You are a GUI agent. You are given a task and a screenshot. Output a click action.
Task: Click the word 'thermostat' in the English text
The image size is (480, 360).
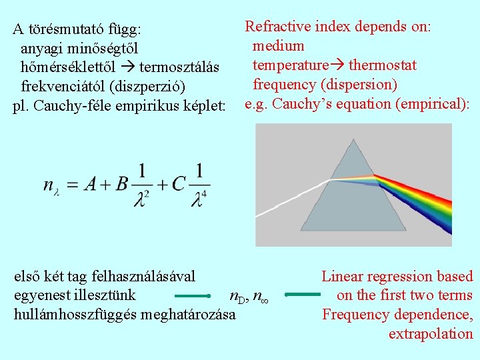(x=383, y=65)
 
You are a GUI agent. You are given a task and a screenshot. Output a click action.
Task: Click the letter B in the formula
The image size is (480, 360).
(x=121, y=184)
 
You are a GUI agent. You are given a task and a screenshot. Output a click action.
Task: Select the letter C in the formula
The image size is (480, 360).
(x=178, y=184)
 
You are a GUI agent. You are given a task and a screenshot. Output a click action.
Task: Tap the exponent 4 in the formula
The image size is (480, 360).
(x=204, y=195)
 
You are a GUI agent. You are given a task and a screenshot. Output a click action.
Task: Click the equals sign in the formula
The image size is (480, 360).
(x=73, y=185)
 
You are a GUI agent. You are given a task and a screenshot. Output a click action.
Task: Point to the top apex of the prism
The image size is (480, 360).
(x=353, y=141)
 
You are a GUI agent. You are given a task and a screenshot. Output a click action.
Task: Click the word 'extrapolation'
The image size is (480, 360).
(x=431, y=334)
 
